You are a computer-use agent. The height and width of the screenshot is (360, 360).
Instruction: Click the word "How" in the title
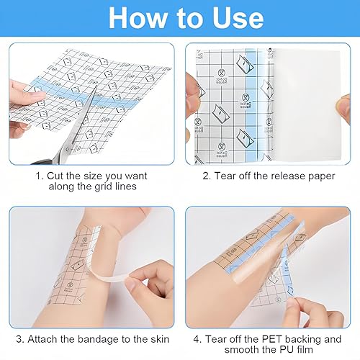click(138, 18)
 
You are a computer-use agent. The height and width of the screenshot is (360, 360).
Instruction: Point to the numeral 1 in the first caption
click(39, 176)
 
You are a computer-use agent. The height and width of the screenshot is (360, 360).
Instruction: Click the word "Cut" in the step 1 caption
click(55, 176)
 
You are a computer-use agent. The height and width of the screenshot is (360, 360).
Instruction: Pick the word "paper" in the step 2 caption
click(322, 177)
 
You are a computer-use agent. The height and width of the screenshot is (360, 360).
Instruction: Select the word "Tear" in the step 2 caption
click(225, 176)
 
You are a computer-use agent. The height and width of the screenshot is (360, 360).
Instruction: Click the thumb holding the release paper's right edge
click(343, 109)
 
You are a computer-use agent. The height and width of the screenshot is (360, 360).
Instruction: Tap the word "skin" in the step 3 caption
click(160, 339)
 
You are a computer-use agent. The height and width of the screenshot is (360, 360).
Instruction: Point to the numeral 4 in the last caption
click(197, 339)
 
